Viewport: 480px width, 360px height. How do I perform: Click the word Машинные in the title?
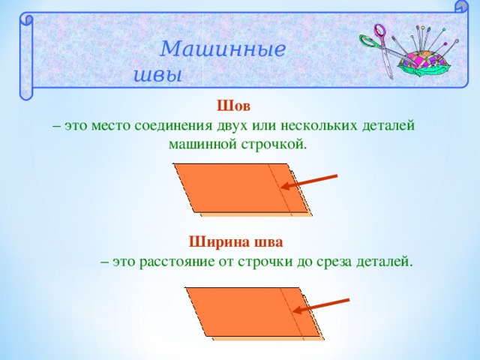[x=223, y=50]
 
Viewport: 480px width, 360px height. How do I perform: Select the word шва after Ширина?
[x=268, y=241]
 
